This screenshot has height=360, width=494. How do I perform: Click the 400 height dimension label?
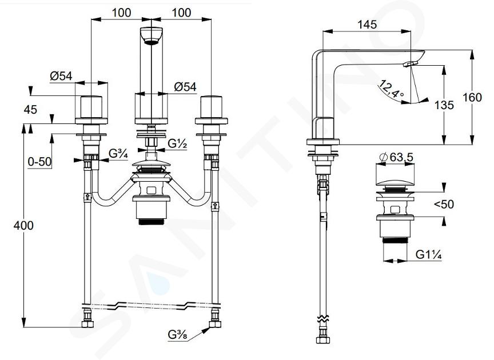tap(23, 226)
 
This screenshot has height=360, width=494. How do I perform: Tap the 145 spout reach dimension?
tap(367, 24)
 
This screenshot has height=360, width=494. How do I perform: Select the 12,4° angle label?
tap(391, 89)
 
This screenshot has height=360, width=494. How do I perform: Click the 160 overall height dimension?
tap(472, 97)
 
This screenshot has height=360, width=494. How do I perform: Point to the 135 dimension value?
tap(444, 105)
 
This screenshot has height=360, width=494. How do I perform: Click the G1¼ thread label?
tap(428, 254)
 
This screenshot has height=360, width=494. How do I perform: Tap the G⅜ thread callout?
tap(177, 335)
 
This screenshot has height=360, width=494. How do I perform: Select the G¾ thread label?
tap(118, 154)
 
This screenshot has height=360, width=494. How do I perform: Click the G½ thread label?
tap(177, 143)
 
